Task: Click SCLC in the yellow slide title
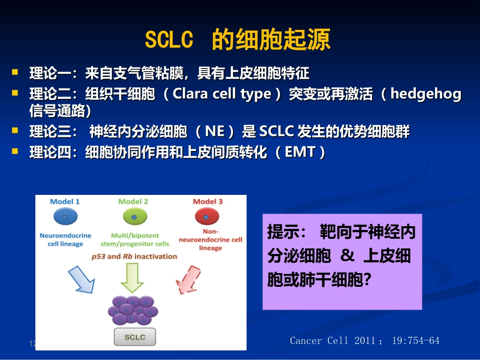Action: [169, 40]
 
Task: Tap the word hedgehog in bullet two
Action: [426, 95]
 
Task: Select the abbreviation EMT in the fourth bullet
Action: [300, 152]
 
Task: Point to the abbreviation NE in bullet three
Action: [214, 132]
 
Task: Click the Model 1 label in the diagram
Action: [65, 201]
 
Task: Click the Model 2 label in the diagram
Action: [133, 201]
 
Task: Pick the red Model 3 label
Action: [208, 201]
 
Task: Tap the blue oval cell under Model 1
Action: [65, 218]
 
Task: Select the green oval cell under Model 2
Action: [134, 218]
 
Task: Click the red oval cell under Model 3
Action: [207, 218]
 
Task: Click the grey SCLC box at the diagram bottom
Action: [134, 337]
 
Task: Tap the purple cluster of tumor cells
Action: [133, 310]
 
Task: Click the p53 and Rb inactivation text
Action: [134, 256]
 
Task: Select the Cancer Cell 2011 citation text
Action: [364, 341]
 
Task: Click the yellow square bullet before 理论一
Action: [16, 73]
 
